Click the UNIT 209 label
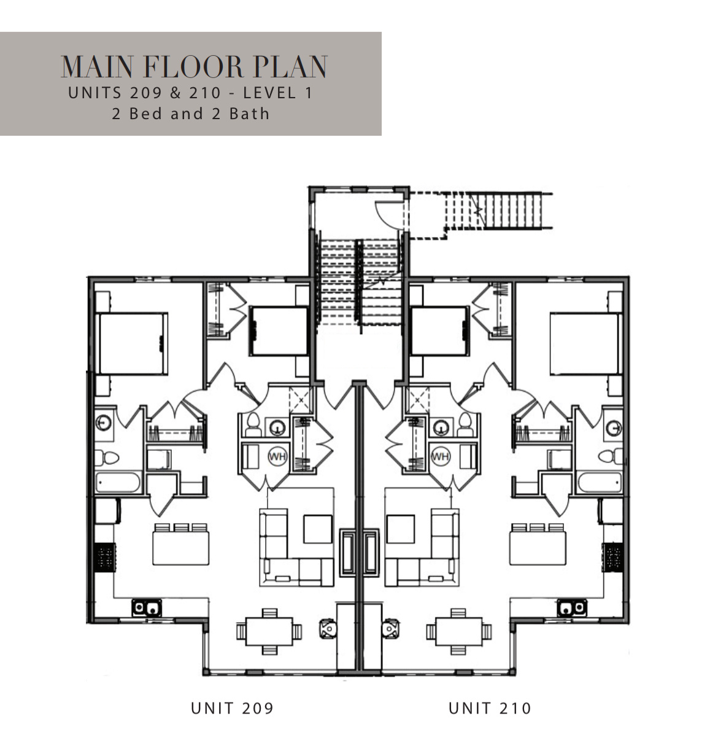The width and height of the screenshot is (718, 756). pos(232,708)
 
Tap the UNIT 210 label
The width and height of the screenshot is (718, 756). pos(490,708)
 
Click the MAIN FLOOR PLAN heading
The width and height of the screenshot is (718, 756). pos(195,67)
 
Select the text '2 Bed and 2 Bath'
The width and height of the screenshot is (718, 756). pos(191,114)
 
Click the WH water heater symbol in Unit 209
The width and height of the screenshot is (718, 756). pos(277,456)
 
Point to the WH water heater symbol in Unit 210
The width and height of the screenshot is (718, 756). pos(440,456)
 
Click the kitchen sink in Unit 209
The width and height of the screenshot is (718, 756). pos(147,608)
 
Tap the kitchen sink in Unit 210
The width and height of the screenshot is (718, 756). pos(571,608)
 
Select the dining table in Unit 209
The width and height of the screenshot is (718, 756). pos(269,631)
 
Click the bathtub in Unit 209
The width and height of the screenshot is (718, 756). pos(119,481)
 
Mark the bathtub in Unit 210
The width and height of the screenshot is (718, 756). pos(599,481)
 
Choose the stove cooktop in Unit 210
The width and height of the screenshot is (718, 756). pos(613,557)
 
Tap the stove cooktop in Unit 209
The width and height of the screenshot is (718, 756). pos(104,557)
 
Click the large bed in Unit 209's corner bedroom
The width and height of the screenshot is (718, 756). pos(132,343)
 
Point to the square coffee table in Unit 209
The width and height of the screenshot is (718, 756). pos(317,529)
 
